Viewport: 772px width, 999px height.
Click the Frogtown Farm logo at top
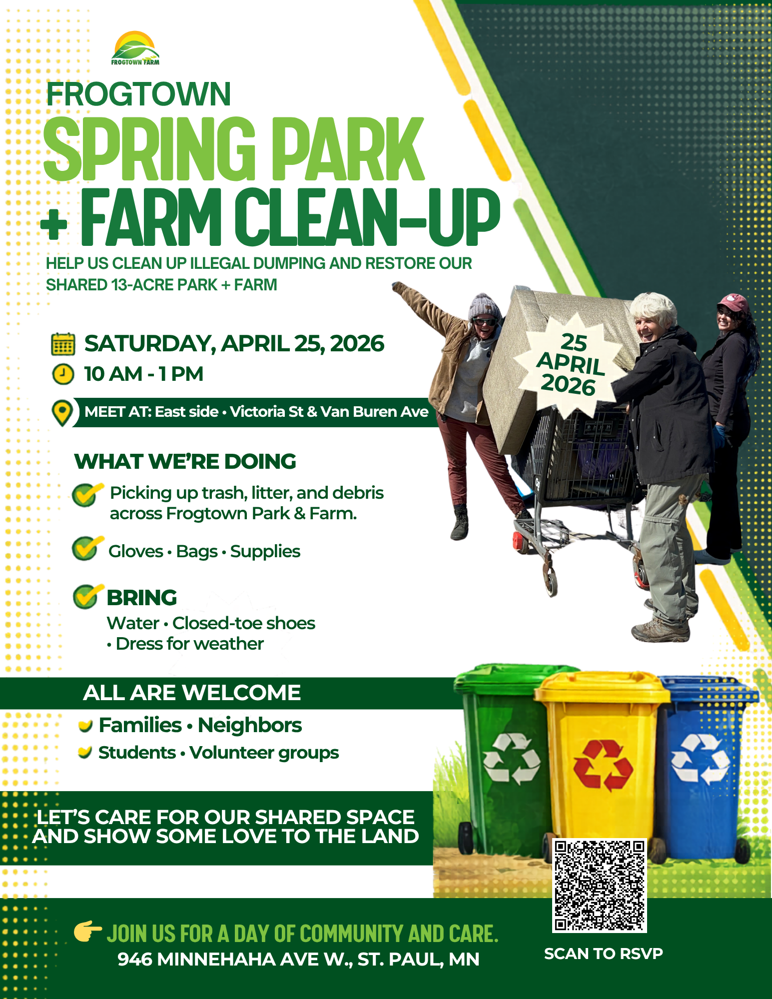(x=135, y=48)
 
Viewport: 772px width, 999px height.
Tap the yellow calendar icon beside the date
(x=63, y=344)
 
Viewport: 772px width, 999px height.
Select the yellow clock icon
(x=63, y=374)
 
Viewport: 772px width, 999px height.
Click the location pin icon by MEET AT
(x=62, y=413)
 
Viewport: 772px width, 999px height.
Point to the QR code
(x=599, y=885)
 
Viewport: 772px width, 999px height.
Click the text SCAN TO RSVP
(x=603, y=954)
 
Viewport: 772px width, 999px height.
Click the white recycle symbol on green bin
(x=511, y=758)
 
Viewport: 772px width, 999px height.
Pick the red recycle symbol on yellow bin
(x=603, y=765)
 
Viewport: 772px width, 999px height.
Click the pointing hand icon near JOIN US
(x=87, y=931)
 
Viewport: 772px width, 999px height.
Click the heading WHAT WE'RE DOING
(x=185, y=461)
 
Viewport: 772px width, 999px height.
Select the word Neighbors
(x=250, y=725)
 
